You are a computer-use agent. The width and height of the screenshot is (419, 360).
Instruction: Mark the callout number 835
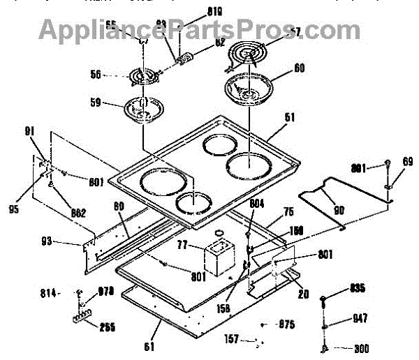pos(358,289)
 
